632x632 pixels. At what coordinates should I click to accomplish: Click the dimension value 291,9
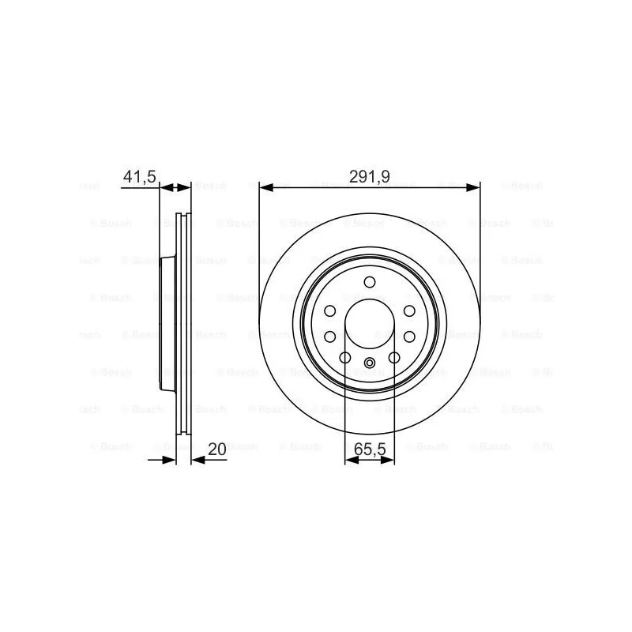370,177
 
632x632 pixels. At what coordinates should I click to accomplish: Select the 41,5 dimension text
138,177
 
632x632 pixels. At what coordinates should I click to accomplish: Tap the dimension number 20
216,449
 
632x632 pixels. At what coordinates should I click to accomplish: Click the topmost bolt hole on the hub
370,283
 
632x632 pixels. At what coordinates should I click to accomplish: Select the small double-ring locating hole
370,363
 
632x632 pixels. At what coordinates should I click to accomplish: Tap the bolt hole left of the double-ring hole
345,359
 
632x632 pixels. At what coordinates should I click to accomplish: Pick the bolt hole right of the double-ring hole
394,359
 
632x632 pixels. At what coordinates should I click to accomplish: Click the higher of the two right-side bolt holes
409,311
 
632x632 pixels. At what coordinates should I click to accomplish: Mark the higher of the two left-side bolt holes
330,311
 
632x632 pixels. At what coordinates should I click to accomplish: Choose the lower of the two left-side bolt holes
330,337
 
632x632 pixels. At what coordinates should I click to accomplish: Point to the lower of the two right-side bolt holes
409,337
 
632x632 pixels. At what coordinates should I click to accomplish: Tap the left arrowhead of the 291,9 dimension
265,188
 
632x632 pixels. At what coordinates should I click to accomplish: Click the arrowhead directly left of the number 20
197,459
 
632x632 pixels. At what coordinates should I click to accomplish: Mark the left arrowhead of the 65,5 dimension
351,459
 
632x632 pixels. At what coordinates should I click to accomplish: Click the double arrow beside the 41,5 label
175,188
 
